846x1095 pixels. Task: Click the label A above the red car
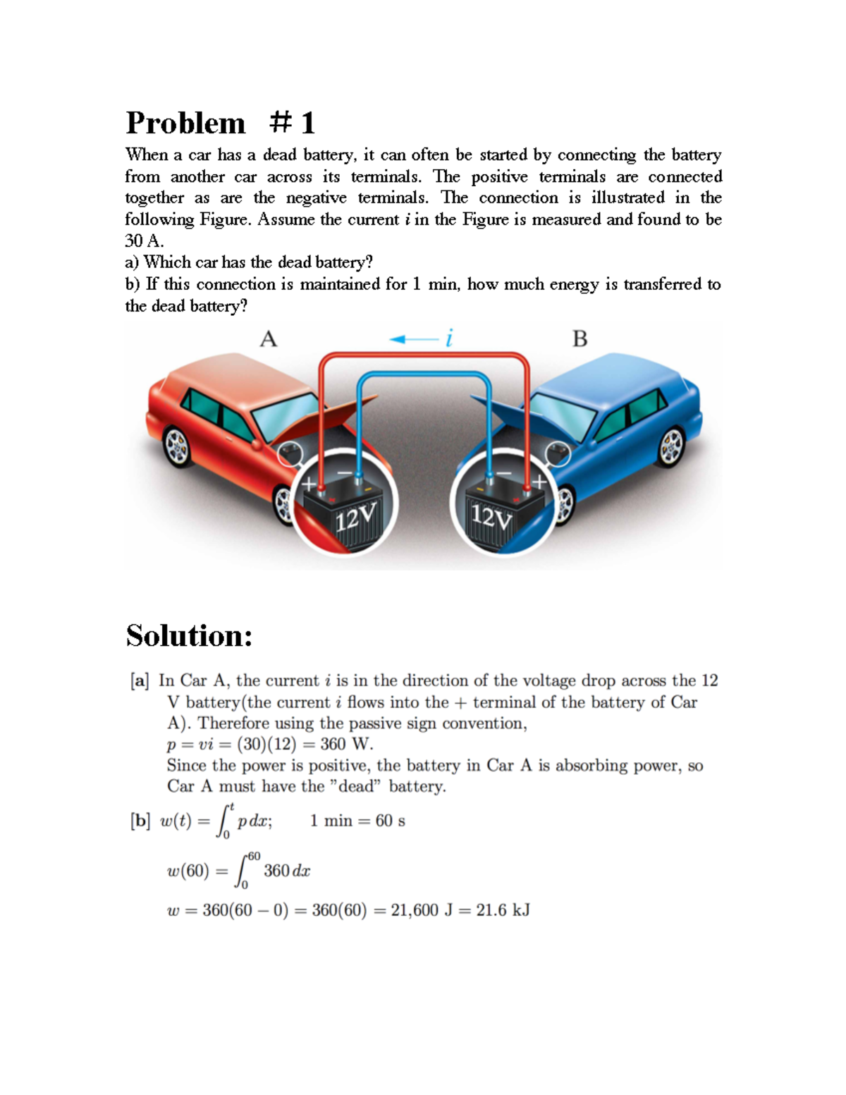(269, 340)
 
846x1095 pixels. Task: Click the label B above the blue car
(580, 340)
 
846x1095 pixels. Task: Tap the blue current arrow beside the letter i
(413, 339)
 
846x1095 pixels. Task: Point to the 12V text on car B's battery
(491, 518)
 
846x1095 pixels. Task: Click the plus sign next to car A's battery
(309, 484)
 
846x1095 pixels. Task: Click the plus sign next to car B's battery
(540, 482)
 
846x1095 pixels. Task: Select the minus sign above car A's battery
(345, 472)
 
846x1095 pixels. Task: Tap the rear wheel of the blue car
(672, 445)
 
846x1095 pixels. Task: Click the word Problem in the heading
(185, 123)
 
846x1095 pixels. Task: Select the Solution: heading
(189, 636)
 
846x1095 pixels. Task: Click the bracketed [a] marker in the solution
(140, 680)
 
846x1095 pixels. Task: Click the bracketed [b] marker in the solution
(140, 821)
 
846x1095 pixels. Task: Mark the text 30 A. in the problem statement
(144, 241)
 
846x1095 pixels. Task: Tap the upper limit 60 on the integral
(253, 856)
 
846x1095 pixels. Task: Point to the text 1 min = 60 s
(357, 821)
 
